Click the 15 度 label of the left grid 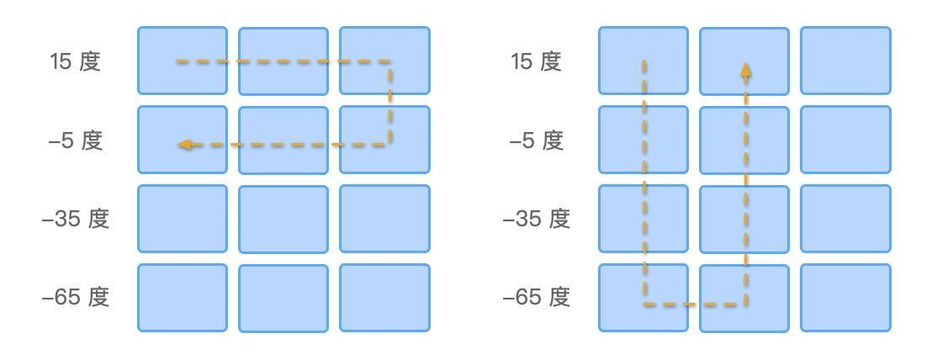point(75,61)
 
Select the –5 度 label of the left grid point(75,140)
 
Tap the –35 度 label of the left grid point(75,219)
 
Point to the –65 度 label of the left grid point(75,297)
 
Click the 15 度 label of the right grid point(536,61)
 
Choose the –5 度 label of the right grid point(536,140)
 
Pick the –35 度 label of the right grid point(536,219)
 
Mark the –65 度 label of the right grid point(536,297)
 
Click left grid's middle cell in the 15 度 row point(283,61)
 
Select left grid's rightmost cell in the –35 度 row point(384,219)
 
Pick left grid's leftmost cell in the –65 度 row point(183,298)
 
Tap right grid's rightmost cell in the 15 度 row point(845,61)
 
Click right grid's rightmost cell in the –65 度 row point(845,298)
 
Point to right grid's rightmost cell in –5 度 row point(845,140)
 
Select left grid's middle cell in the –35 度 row point(283,220)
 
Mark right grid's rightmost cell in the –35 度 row point(845,219)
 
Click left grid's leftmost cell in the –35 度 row point(183,219)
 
